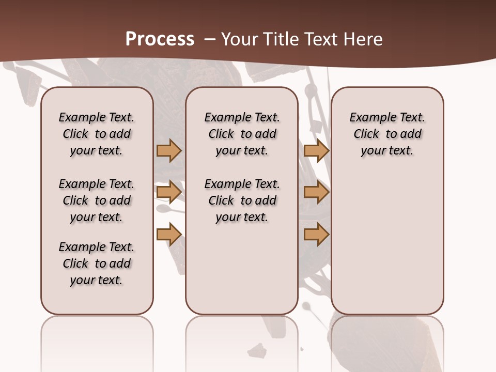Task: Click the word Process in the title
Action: (160, 39)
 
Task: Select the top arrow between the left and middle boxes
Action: (169, 150)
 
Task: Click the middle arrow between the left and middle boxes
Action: (169, 193)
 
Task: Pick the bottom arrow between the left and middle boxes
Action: (169, 235)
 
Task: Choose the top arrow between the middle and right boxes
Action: (316, 150)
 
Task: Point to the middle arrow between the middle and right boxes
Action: (316, 193)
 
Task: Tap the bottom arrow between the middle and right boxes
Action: (316, 235)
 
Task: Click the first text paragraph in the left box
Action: (97, 134)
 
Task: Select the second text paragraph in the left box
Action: (97, 200)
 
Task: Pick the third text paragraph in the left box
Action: (97, 263)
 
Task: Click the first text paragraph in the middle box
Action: (242, 134)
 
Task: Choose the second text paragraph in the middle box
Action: (242, 200)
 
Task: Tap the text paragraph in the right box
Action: (388, 134)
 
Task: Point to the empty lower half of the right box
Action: (388, 248)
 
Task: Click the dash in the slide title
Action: (210, 39)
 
